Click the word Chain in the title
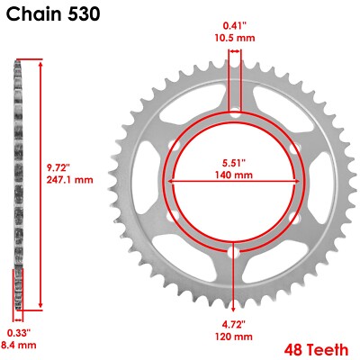[34, 15]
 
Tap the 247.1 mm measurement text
[69, 180]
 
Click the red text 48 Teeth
[313, 347]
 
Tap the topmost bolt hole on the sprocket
[234, 114]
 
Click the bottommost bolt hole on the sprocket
[234, 254]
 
